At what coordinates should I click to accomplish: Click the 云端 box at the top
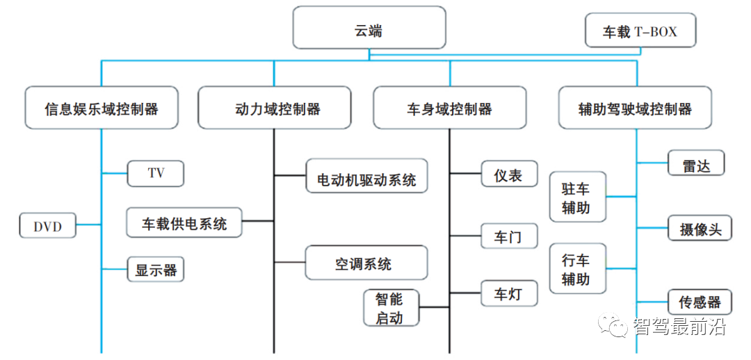point(369,29)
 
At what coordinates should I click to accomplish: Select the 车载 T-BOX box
point(640,31)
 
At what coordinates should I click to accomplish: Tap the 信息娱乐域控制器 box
point(102,108)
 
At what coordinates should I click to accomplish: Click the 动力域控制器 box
point(274,108)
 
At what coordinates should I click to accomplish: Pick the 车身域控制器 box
point(449,108)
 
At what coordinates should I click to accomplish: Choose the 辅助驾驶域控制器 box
point(635,108)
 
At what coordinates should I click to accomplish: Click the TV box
point(156,174)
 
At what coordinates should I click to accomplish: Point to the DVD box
point(47,226)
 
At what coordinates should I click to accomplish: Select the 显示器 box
point(156,269)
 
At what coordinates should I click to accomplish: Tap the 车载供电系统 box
point(184,223)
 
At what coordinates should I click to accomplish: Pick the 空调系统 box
point(366,263)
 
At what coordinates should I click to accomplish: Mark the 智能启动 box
point(393,308)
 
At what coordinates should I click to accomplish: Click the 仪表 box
point(509,174)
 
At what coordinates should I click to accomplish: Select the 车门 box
point(509,236)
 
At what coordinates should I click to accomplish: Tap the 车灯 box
point(509,293)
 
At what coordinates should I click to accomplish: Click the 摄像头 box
point(700,228)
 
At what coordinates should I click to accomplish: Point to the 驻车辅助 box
point(577,197)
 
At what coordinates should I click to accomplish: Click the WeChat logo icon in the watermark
point(614,326)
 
